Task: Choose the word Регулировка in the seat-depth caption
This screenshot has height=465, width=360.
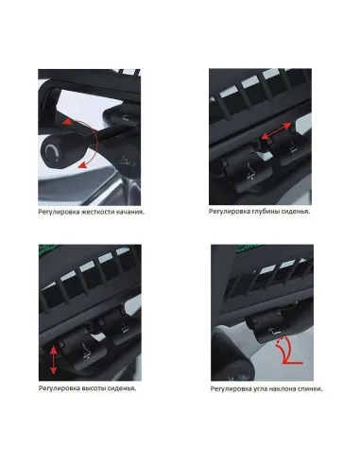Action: [x=229, y=212]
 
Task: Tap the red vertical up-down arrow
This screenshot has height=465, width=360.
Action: [x=53, y=360]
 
